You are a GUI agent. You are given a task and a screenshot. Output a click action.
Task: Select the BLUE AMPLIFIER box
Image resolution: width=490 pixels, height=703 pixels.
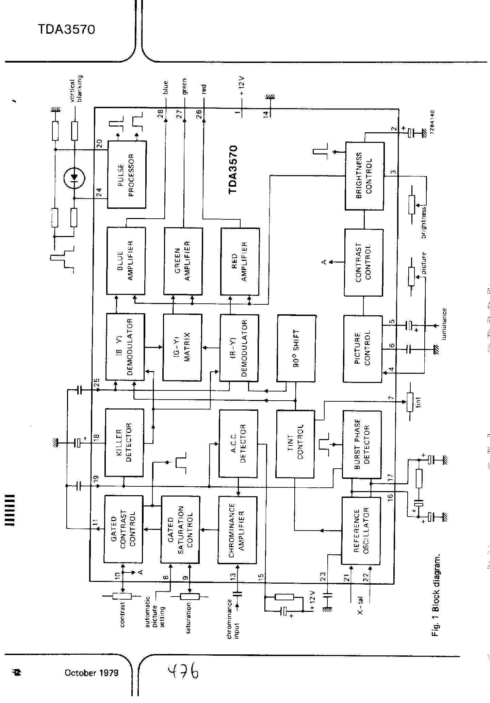(x=126, y=260)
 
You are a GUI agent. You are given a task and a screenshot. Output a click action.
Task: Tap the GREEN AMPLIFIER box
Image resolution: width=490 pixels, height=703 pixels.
(x=183, y=261)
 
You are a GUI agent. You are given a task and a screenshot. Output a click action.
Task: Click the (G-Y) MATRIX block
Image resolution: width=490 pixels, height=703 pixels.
(x=182, y=347)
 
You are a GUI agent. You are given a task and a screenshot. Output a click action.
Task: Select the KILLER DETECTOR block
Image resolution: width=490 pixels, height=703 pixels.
(x=124, y=442)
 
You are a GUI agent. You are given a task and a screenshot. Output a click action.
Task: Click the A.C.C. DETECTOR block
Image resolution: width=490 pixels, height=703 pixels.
(x=239, y=443)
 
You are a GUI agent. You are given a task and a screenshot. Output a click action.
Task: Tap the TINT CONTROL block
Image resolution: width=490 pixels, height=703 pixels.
(x=295, y=444)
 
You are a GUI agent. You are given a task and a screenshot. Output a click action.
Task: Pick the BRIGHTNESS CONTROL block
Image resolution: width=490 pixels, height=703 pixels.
(x=364, y=175)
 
